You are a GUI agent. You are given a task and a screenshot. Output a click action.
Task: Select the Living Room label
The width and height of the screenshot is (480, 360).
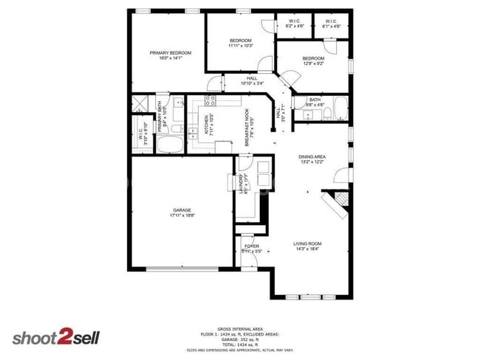308,245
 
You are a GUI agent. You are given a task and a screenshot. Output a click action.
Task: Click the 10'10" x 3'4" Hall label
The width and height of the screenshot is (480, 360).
251,80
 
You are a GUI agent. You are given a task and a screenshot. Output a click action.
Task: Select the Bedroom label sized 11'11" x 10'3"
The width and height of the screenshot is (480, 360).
241,43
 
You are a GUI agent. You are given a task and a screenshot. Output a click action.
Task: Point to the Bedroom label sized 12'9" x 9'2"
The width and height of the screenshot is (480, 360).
313,60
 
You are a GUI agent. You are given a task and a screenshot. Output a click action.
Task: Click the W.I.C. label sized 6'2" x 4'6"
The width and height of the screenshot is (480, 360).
293,24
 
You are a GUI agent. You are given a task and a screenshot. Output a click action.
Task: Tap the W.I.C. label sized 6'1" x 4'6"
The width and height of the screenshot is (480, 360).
332,24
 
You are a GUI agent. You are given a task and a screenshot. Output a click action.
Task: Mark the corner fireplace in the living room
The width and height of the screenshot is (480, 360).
339,203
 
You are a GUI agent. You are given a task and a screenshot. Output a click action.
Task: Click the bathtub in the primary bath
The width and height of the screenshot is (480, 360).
174,143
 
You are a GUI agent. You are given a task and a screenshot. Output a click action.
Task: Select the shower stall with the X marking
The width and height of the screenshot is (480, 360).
141,103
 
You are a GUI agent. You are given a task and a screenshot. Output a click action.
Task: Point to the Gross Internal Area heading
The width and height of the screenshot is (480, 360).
239,328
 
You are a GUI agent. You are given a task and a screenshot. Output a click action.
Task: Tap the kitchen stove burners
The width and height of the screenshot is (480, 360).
210,101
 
